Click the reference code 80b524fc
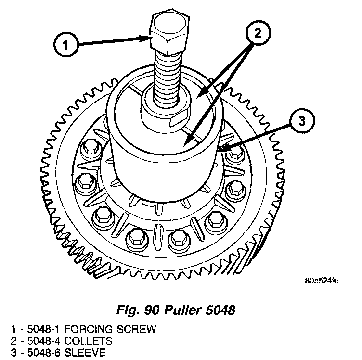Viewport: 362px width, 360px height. point(321,281)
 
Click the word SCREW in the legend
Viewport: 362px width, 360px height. point(138,330)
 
